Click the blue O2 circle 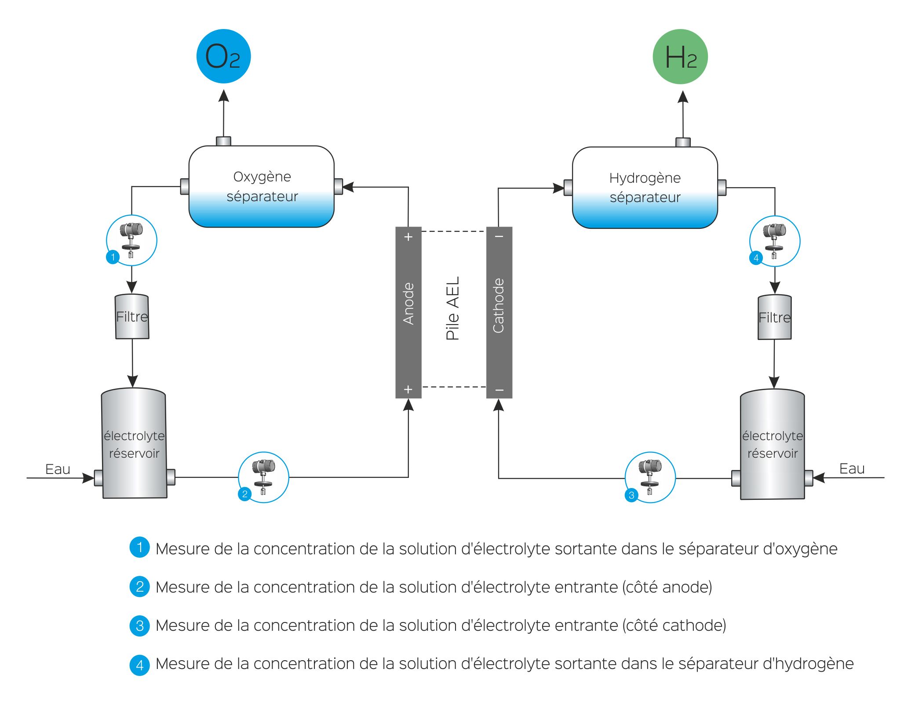(223, 56)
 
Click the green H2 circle (680, 57)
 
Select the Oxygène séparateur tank (262, 187)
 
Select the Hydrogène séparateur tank (645, 188)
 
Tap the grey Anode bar (408, 312)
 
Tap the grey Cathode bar (499, 312)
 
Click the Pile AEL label (453, 308)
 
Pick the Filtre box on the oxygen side (132, 316)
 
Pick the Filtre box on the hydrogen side (774, 317)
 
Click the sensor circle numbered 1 (131, 240)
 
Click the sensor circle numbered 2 (263, 477)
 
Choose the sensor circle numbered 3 (650, 477)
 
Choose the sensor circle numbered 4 (774, 241)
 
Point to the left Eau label (58, 469)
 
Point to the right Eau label (852, 469)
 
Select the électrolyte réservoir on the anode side (134, 444)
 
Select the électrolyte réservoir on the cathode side (773, 445)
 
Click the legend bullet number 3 (140, 625)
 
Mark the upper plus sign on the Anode (408, 237)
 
